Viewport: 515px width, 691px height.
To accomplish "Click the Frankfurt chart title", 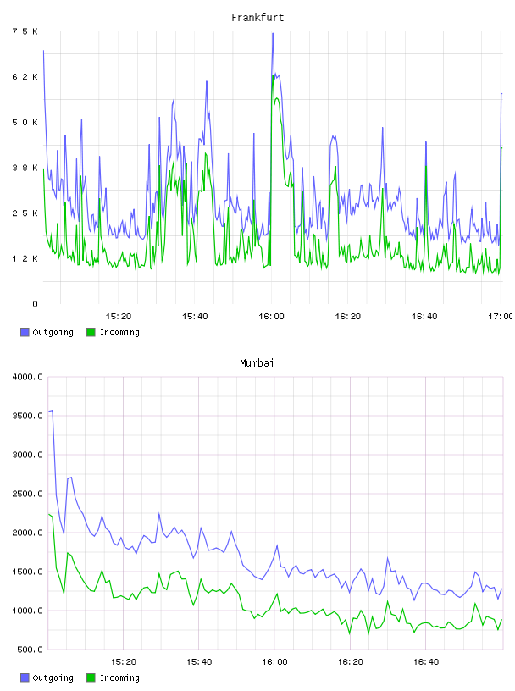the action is (x=257, y=18).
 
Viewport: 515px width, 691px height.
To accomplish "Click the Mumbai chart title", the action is (x=257, y=363).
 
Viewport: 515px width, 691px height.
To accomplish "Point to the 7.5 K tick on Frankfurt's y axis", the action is (x=25, y=31).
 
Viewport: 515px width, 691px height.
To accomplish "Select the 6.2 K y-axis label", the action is (x=25, y=77).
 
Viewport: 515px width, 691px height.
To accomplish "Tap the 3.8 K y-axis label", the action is (x=25, y=168).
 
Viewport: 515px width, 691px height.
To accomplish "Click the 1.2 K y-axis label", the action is (x=25, y=258).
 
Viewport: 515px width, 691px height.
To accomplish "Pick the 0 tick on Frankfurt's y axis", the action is (x=35, y=304).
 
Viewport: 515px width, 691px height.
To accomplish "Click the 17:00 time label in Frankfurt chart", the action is (x=500, y=317).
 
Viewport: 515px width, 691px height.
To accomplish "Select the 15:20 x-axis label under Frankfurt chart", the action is (x=119, y=317).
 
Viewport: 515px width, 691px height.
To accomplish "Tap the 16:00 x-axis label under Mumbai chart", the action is (x=274, y=662).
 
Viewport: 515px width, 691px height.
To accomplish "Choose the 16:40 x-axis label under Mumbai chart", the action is (x=426, y=662).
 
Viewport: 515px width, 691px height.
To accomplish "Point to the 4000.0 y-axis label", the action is (x=27, y=377).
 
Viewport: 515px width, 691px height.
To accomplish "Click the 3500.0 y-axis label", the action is (x=27, y=416).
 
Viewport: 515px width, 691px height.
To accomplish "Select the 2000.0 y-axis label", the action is (x=27, y=533).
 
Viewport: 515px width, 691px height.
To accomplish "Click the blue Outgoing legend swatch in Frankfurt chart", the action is (x=25, y=332).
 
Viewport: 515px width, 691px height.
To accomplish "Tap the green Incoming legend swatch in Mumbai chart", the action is (x=91, y=677).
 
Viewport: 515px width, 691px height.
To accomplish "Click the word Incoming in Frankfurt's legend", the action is (x=119, y=333).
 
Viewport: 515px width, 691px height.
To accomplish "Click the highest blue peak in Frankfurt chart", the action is (x=273, y=34).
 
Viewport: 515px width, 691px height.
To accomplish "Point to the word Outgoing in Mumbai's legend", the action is (x=53, y=678).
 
